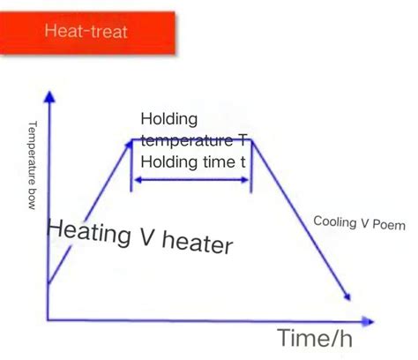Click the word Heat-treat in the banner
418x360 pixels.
click(x=86, y=32)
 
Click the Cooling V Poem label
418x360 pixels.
click(x=359, y=222)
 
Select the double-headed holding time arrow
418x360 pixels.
click(x=190, y=179)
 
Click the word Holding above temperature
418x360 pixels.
click(x=169, y=119)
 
